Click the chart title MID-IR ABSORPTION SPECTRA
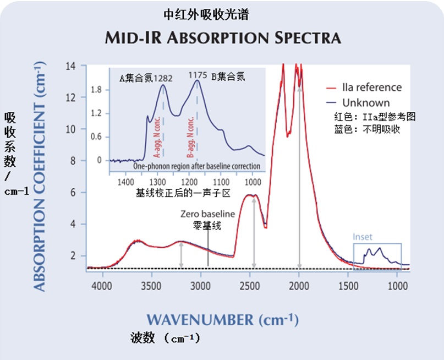point(222,37)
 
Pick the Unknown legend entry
point(366,103)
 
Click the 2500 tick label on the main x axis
point(250,286)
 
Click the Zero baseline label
point(207,214)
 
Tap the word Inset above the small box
point(363,237)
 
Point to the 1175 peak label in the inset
point(198,75)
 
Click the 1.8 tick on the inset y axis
point(96,89)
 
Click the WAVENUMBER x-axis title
point(222,319)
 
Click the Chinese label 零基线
point(207,225)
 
